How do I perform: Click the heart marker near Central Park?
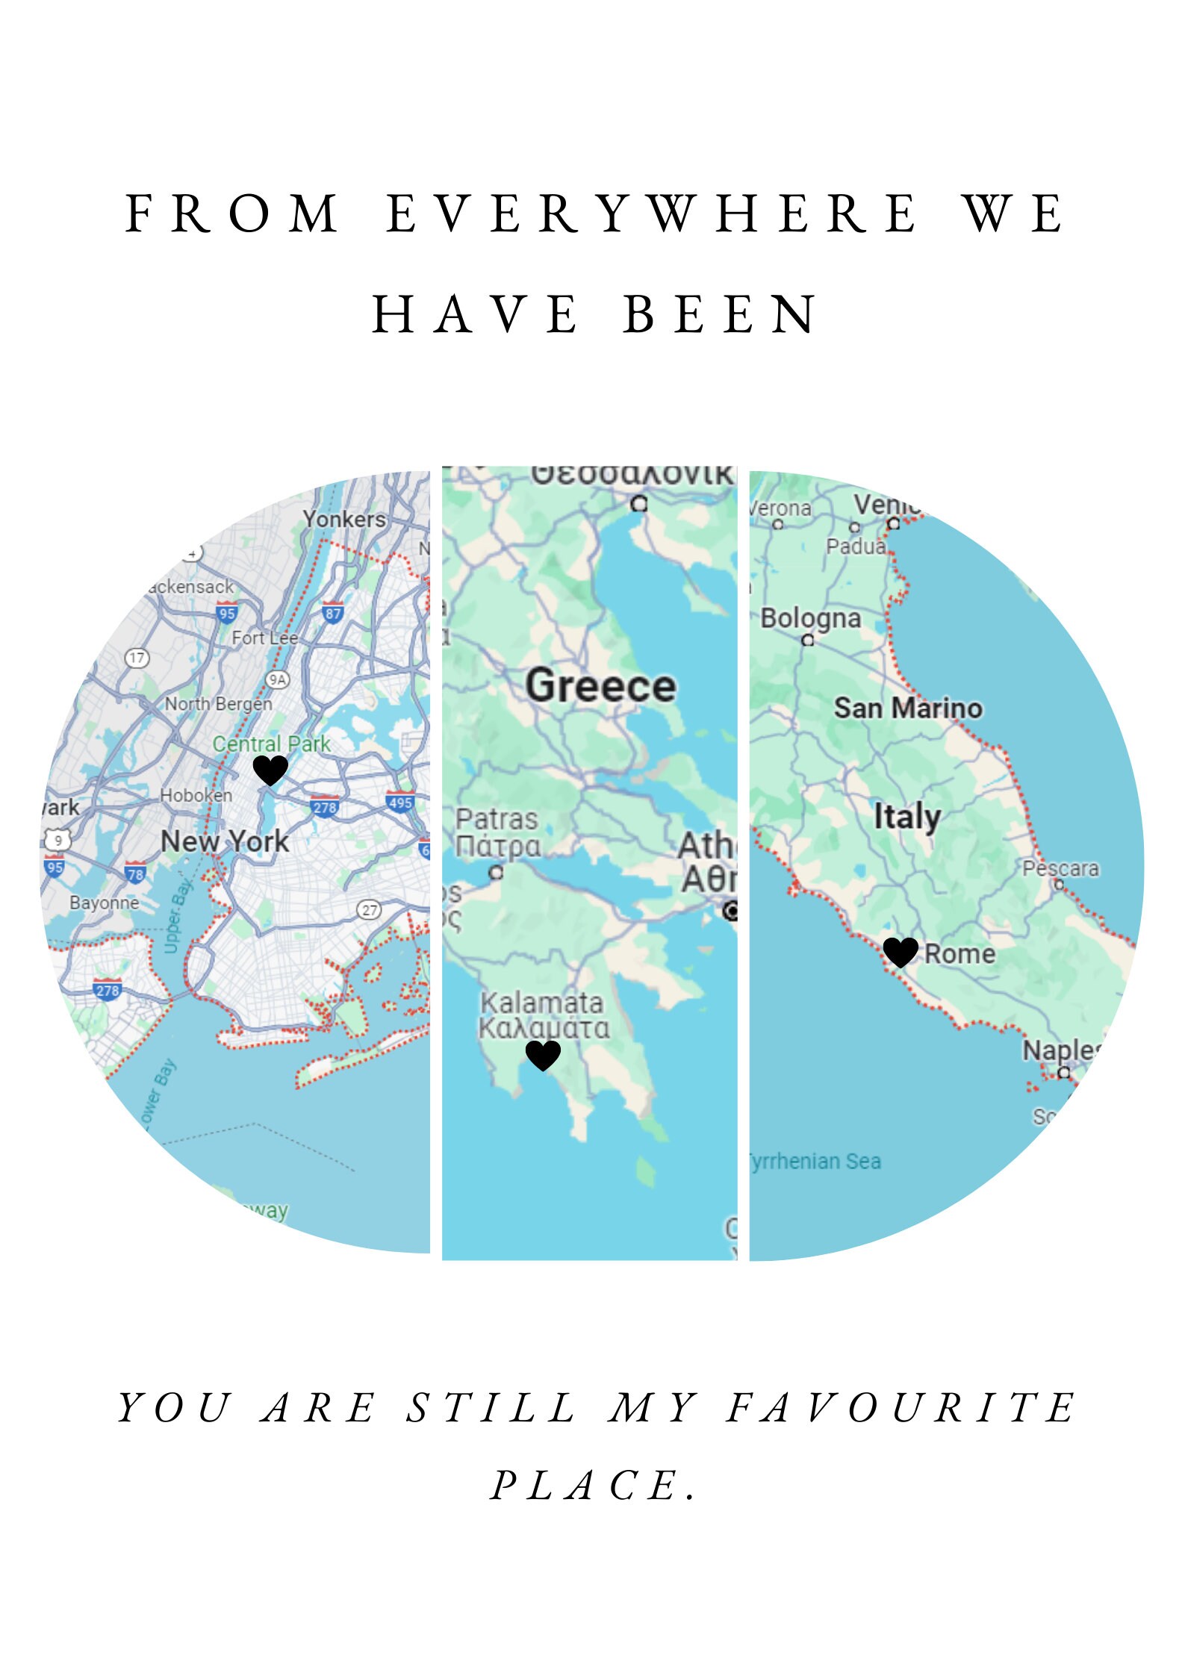click(x=270, y=770)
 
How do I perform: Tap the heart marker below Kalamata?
click(x=543, y=1055)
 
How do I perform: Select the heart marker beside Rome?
click(x=900, y=953)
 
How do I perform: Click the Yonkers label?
click(x=344, y=519)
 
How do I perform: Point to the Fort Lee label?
click(x=264, y=638)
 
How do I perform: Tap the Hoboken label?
click(x=196, y=795)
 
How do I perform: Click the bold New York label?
click(x=225, y=841)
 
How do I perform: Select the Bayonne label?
click(x=105, y=903)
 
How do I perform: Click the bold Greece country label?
click(x=600, y=685)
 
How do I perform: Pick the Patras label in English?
click(x=497, y=819)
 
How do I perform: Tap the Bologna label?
click(x=810, y=618)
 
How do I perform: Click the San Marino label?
click(x=908, y=708)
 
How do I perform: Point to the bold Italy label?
click(x=907, y=816)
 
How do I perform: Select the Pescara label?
click(x=1060, y=868)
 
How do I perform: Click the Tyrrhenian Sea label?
click(x=815, y=1161)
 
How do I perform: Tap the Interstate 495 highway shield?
click(x=401, y=802)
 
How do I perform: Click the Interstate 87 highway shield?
click(x=333, y=613)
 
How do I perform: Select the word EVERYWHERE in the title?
click(x=652, y=214)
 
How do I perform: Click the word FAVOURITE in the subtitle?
click(x=901, y=1408)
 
